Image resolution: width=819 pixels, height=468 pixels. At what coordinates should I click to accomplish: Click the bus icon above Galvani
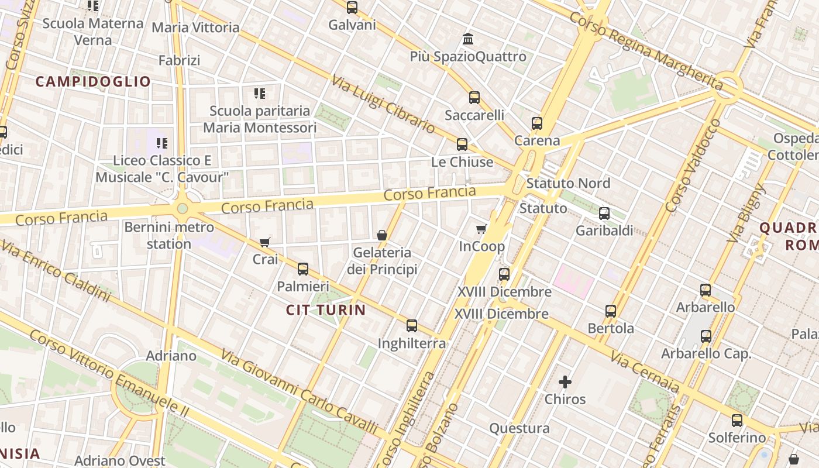352,8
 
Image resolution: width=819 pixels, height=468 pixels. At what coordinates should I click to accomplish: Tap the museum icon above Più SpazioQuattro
468,39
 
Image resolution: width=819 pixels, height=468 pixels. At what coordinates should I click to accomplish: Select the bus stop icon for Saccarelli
474,98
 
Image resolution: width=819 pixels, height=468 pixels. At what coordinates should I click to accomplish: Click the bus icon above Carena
537,123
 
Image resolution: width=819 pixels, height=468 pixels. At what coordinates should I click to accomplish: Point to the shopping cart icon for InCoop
481,229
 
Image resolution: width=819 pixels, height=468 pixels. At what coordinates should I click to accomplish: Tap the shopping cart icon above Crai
265,242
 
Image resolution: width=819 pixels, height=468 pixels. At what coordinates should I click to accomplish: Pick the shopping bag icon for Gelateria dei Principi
382,235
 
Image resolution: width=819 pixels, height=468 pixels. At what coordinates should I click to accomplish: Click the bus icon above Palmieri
302,269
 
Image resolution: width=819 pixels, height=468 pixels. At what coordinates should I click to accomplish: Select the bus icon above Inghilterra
412,326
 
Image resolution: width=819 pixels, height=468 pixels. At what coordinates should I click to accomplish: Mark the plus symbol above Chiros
565,382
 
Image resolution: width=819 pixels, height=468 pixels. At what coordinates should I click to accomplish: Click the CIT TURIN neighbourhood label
326,310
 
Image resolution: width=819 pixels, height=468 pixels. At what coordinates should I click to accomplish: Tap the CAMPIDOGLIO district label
93,81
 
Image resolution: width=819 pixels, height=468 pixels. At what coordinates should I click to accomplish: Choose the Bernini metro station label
169,235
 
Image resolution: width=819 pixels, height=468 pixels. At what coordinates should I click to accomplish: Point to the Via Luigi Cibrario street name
383,104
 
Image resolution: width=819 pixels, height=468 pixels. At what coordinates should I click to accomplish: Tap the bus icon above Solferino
737,421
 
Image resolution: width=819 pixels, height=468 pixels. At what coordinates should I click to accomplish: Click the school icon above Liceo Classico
162,143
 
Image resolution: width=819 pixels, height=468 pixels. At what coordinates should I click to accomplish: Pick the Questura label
519,428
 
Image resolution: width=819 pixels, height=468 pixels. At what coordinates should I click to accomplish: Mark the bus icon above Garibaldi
604,214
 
